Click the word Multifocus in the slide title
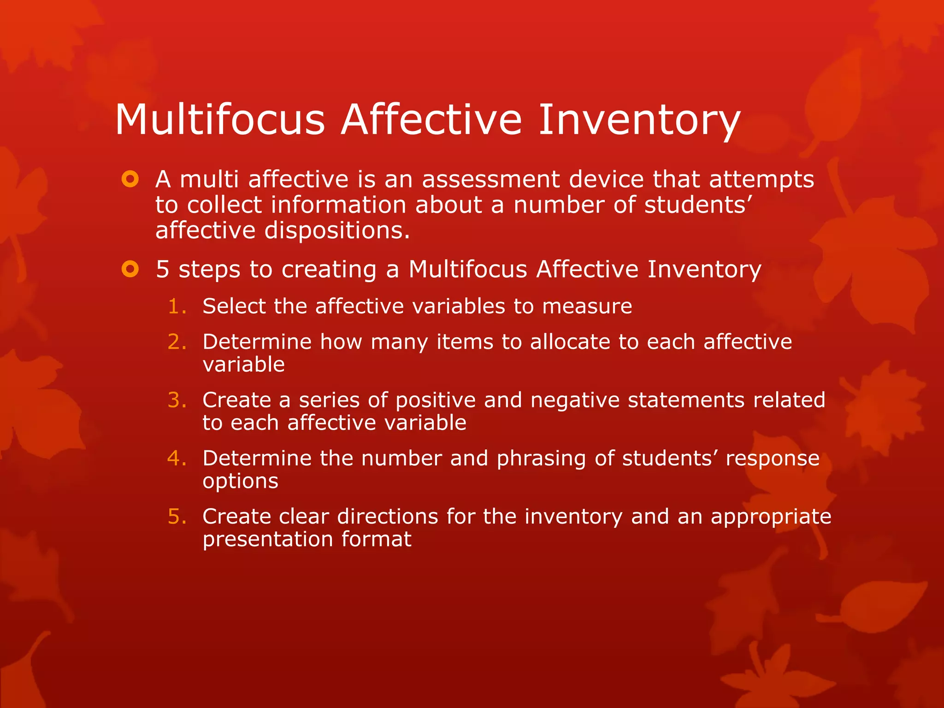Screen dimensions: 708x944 (x=220, y=120)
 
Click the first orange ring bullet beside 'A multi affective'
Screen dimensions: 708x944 (x=130, y=179)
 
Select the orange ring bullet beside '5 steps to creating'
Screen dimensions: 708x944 (x=130, y=269)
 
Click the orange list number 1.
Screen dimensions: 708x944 (x=177, y=307)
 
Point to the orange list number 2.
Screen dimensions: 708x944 (x=177, y=342)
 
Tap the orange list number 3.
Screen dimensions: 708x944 (x=177, y=400)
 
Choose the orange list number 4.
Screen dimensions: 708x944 (x=177, y=458)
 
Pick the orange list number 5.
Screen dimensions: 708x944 (x=177, y=517)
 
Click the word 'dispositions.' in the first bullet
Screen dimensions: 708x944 (x=337, y=230)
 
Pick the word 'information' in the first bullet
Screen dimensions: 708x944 (x=338, y=205)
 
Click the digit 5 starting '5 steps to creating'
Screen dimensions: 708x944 (x=163, y=269)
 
